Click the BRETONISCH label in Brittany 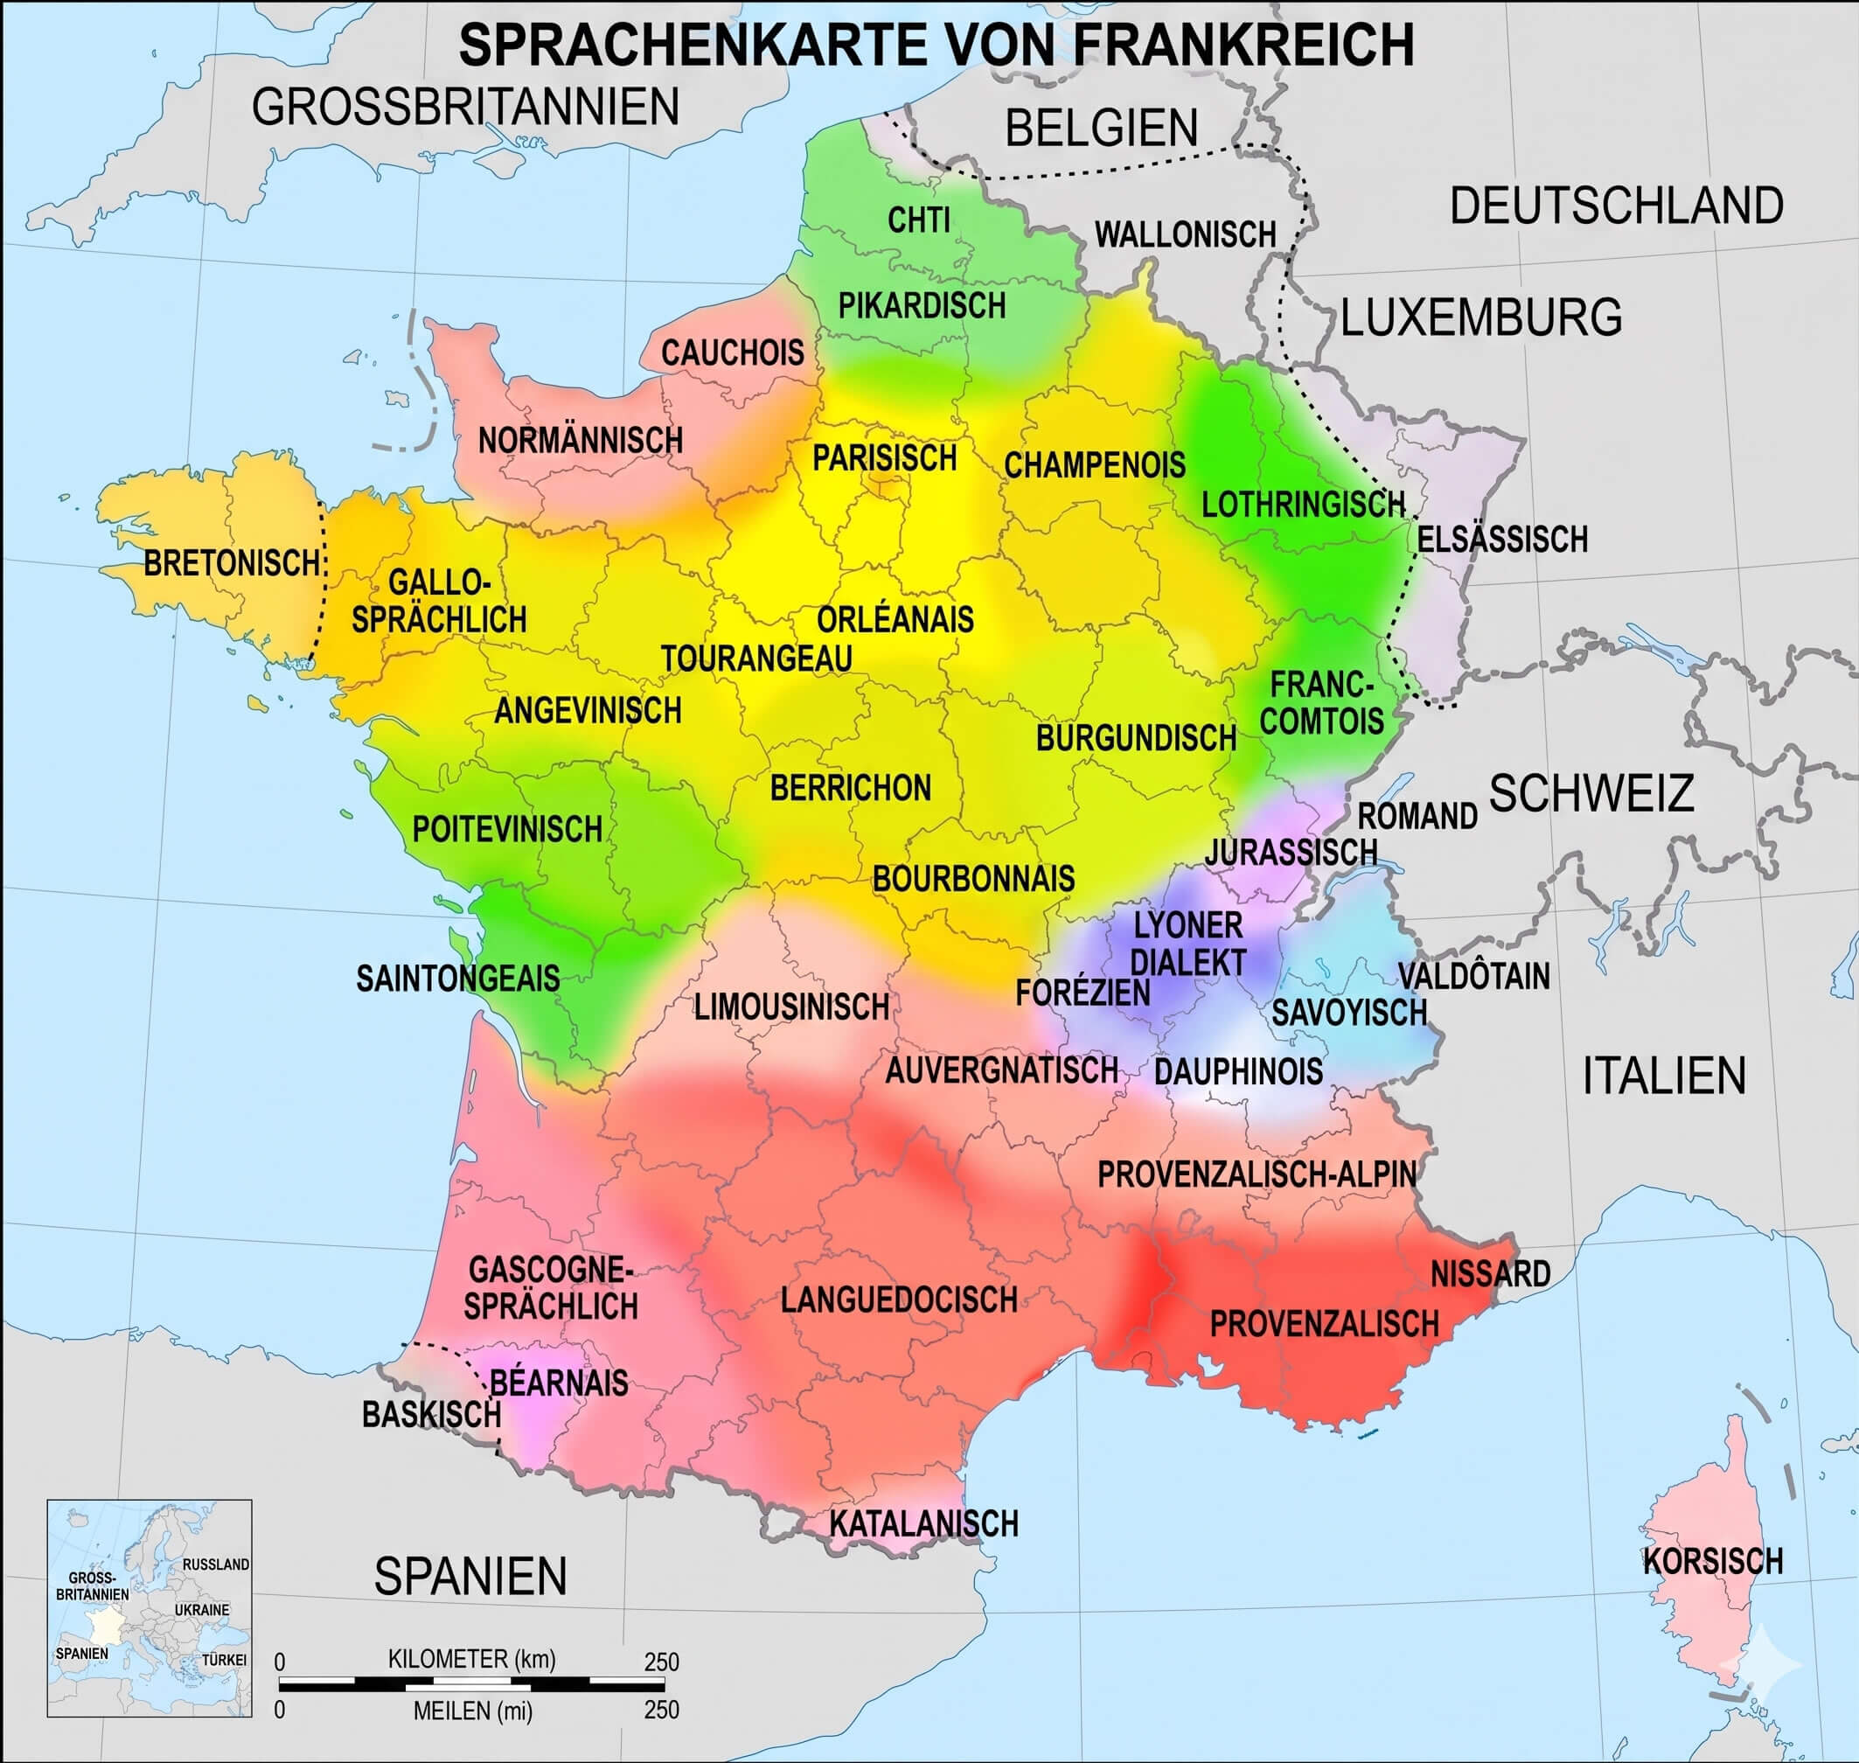pos(231,564)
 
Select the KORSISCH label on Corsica pos(1712,1561)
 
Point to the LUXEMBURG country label pos(1481,317)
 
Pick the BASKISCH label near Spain pos(430,1414)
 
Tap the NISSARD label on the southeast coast pos(1490,1274)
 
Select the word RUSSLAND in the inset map pos(215,1564)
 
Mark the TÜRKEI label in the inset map pos(224,1661)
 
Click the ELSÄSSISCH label pos(1502,540)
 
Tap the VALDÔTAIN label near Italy pos(1473,977)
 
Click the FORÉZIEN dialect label pos(1082,993)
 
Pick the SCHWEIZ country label pos(1591,793)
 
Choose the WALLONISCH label pos(1185,235)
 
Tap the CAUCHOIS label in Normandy pos(732,353)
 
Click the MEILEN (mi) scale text pos(473,1711)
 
